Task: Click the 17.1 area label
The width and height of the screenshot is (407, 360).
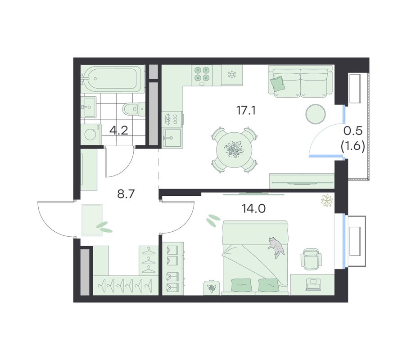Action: (x=246, y=111)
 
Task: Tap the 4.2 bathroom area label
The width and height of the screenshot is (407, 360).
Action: (x=118, y=130)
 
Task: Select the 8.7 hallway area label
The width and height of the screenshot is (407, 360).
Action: (x=126, y=194)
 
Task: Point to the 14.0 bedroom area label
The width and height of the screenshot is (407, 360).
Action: (x=253, y=208)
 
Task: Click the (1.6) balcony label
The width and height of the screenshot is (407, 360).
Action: (x=353, y=146)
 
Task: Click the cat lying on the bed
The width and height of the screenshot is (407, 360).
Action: (x=277, y=247)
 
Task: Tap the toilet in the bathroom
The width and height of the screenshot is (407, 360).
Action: (x=133, y=109)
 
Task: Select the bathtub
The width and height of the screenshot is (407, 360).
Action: (x=112, y=79)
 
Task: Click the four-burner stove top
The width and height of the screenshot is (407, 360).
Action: (x=202, y=75)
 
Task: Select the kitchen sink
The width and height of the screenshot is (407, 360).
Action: (x=172, y=137)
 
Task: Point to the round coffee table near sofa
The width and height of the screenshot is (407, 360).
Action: (x=315, y=113)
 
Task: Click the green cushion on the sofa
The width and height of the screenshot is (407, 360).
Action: (x=277, y=84)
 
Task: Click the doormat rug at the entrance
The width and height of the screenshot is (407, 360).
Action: (x=92, y=220)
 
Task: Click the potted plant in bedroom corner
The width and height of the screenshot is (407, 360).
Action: (x=327, y=201)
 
